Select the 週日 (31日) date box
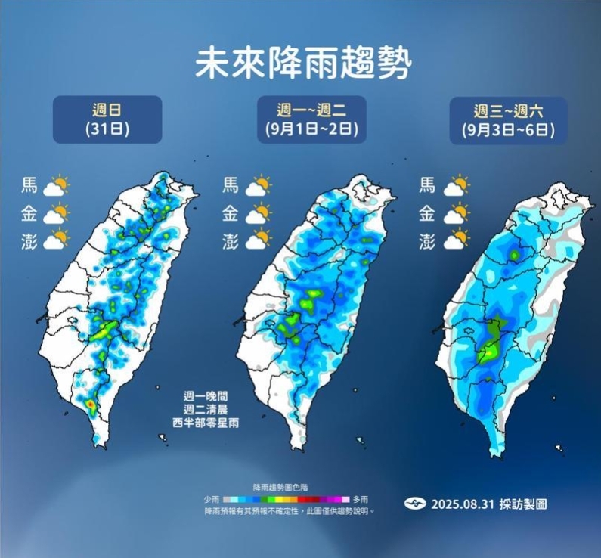107,119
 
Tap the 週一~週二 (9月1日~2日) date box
311,119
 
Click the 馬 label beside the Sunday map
30,185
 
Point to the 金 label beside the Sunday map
30,213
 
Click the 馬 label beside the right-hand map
427,185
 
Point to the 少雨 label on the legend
211,500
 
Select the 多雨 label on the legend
361,500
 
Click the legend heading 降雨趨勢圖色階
280,488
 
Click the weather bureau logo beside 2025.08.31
415,504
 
